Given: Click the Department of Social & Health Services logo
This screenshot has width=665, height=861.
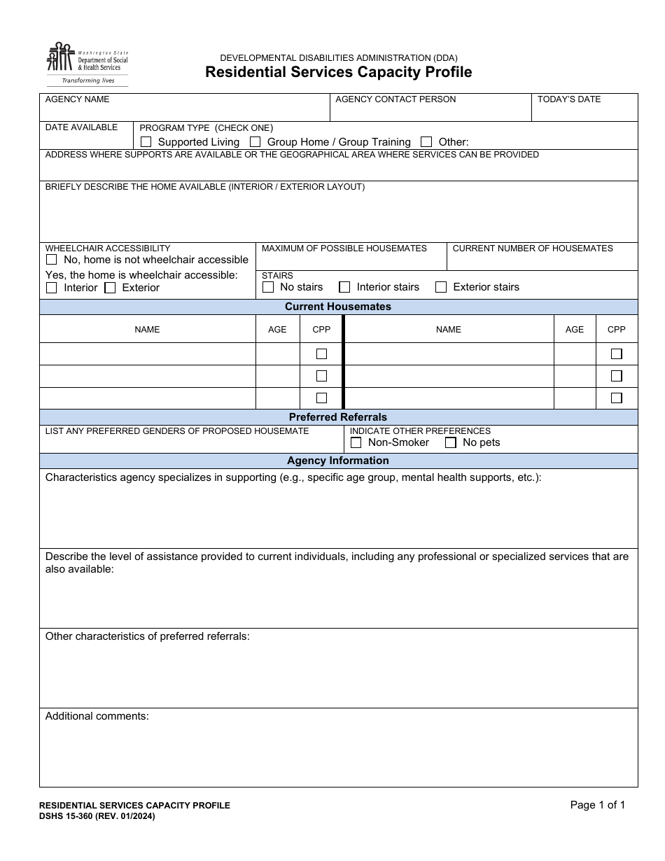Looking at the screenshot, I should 87,64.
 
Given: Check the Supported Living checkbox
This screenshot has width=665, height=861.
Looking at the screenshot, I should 146,142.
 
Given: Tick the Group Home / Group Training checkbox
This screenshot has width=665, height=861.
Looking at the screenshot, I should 255,142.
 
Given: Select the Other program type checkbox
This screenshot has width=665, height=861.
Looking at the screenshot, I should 426,142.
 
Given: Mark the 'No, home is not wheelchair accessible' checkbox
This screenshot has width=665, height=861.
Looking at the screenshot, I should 52,260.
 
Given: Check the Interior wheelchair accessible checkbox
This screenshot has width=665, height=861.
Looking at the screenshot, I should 52,288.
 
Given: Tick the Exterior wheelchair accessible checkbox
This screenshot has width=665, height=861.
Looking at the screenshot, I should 110,288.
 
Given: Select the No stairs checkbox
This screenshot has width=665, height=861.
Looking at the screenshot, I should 268,287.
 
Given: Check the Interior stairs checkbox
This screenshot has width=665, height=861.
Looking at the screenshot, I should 344,287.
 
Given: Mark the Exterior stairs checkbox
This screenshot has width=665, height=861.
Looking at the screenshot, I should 441,287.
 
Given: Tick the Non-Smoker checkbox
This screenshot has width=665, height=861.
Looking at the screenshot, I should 356,442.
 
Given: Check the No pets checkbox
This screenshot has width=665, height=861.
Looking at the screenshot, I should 451,442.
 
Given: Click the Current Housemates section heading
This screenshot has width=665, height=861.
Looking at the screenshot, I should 338,307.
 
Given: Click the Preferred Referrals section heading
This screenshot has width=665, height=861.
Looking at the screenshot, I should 338,417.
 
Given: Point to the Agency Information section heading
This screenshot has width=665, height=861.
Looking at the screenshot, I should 338,461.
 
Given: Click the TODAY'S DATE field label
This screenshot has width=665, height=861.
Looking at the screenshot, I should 569,99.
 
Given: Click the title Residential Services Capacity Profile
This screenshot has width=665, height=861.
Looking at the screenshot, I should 338,72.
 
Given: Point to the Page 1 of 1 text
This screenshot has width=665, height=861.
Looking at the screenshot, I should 597,805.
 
